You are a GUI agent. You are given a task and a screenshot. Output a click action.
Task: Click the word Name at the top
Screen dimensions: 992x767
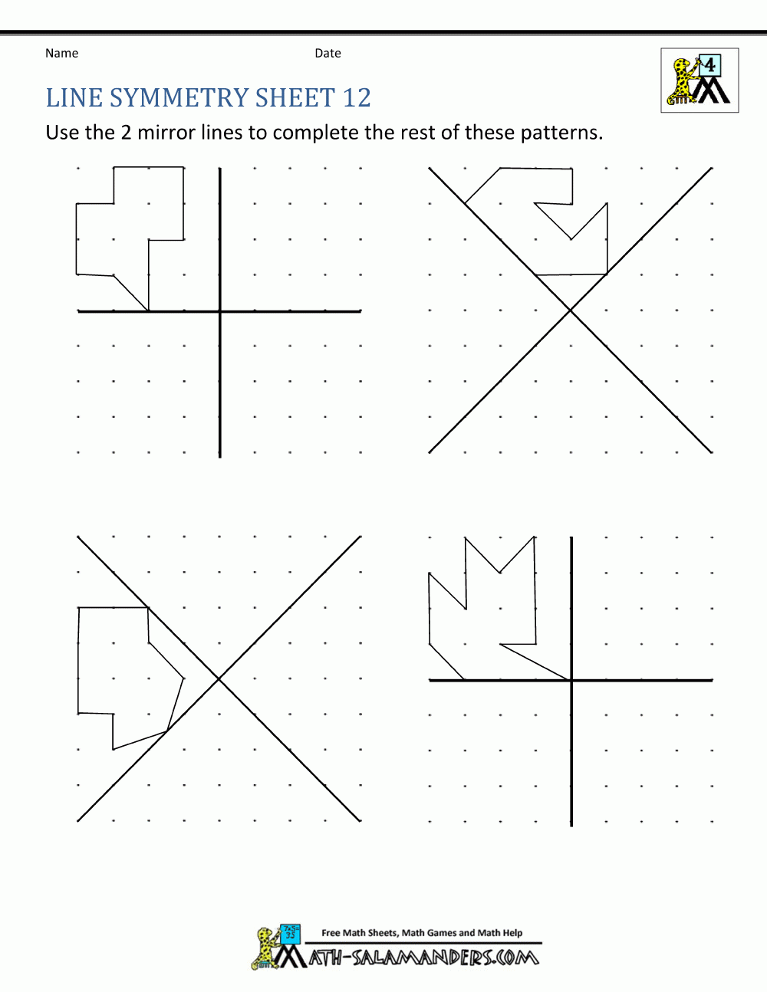pyautogui.click(x=61, y=53)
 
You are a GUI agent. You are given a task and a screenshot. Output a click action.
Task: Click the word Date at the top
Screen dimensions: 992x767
pyautogui.click(x=328, y=53)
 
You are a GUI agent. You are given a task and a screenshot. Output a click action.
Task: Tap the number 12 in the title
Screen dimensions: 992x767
pyautogui.click(x=357, y=98)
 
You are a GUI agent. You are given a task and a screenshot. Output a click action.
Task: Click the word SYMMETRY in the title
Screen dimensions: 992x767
pyautogui.click(x=179, y=98)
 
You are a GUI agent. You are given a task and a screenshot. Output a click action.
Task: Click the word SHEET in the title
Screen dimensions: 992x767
pyautogui.click(x=295, y=98)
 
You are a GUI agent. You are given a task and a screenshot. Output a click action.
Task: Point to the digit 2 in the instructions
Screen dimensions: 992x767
pyautogui.click(x=126, y=133)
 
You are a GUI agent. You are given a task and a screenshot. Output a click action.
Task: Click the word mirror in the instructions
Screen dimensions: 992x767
pyautogui.click(x=166, y=133)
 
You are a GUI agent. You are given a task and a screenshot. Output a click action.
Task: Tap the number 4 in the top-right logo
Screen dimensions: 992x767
pyautogui.click(x=710, y=65)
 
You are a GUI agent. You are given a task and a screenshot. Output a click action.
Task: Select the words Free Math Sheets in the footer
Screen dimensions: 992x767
pyautogui.click(x=359, y=933)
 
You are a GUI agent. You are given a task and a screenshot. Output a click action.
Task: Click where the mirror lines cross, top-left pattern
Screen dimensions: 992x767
pyautogui.click(x=220, y=311)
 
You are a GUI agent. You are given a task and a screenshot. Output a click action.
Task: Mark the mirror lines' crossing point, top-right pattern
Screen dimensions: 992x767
pyautogui.click(x=571, y=310)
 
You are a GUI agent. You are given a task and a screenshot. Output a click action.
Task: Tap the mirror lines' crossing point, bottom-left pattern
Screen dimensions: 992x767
pyautogui.click(x=219, y=678)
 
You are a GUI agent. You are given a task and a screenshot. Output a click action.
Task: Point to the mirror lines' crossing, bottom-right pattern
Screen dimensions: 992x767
pyautogui.click(x=571, y=680)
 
